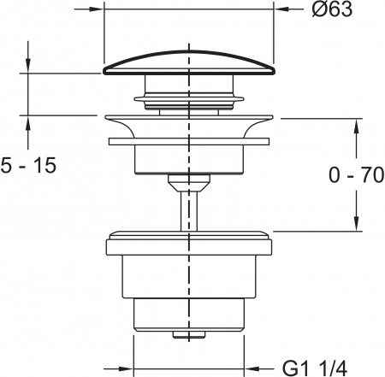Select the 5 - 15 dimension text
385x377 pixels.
click(x=29, y=166)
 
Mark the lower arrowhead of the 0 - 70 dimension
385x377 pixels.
click(x=354, y=225)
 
